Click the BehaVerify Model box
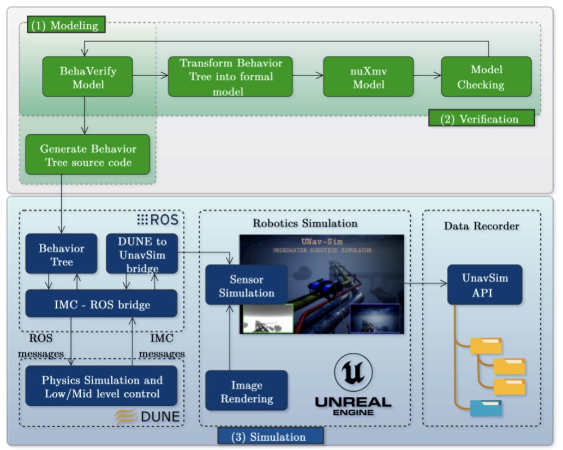point(87,76)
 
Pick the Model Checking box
point(480,76)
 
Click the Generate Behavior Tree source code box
point(87,155)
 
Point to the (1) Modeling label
point(64,25)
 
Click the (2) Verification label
point(480,119)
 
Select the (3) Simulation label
point(270,436)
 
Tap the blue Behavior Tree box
point(61,254)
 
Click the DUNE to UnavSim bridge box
point(141,254)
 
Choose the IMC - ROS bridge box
point(101,304)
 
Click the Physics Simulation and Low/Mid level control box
point(101,386)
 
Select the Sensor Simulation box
point(247,286)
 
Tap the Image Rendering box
point(247,391)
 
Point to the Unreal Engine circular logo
point(352,373)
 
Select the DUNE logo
point(147,417)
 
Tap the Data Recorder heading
point(482,226)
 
